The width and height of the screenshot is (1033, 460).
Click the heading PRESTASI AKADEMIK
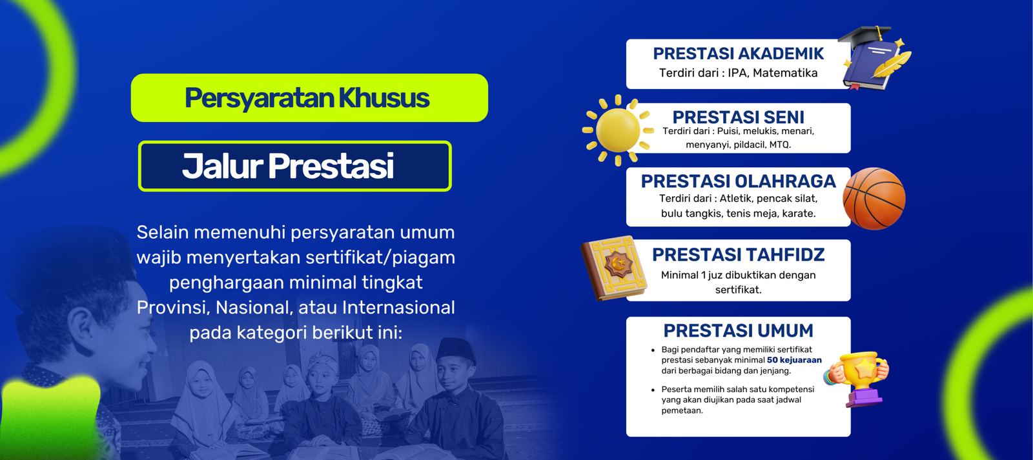(x=738, y=54)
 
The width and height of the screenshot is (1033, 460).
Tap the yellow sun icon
(x=618, y=130)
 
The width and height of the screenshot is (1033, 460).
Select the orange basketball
(x=874, y=198)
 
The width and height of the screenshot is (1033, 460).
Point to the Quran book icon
(x=614, y=268)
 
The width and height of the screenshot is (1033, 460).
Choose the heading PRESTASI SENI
(x=738, y=117)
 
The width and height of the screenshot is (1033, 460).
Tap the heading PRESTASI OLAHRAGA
(x=738, y=181)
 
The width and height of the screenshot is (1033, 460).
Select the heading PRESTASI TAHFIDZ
(x=738, y=254)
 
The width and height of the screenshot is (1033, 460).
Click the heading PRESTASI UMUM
(x=738, y=330)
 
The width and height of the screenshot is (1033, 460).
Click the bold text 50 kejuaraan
(x=794, y=360)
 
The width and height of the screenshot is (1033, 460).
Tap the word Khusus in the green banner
(x=384, y=97)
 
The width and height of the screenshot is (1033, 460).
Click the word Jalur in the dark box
(x=222, y=166)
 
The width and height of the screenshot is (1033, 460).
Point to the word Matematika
(x=785, y=73)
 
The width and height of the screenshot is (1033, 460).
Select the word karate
(x=799, y=214)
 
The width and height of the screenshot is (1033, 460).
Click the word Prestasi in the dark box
(x=331, y=166)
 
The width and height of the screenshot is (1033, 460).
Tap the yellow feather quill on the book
(x=893, y=64)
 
